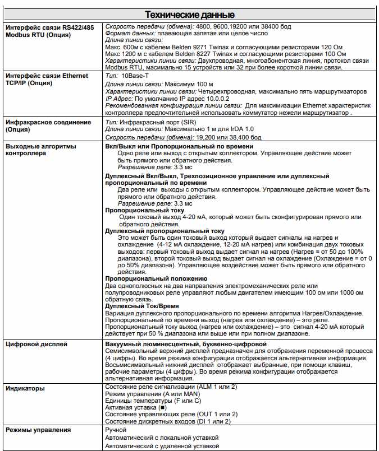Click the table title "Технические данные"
pyautogui.click(x=190, y=15)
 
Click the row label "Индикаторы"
pyautogui.click(x=25, y=388)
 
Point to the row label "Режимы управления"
pyautogui.click(x=38, y=430)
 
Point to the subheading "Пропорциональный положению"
pyautogui.click(x=156, y=278)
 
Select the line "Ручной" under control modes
pyautogui.click(x=116, y=430)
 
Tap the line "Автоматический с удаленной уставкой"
pyautogui.click(x=161, y=446)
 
